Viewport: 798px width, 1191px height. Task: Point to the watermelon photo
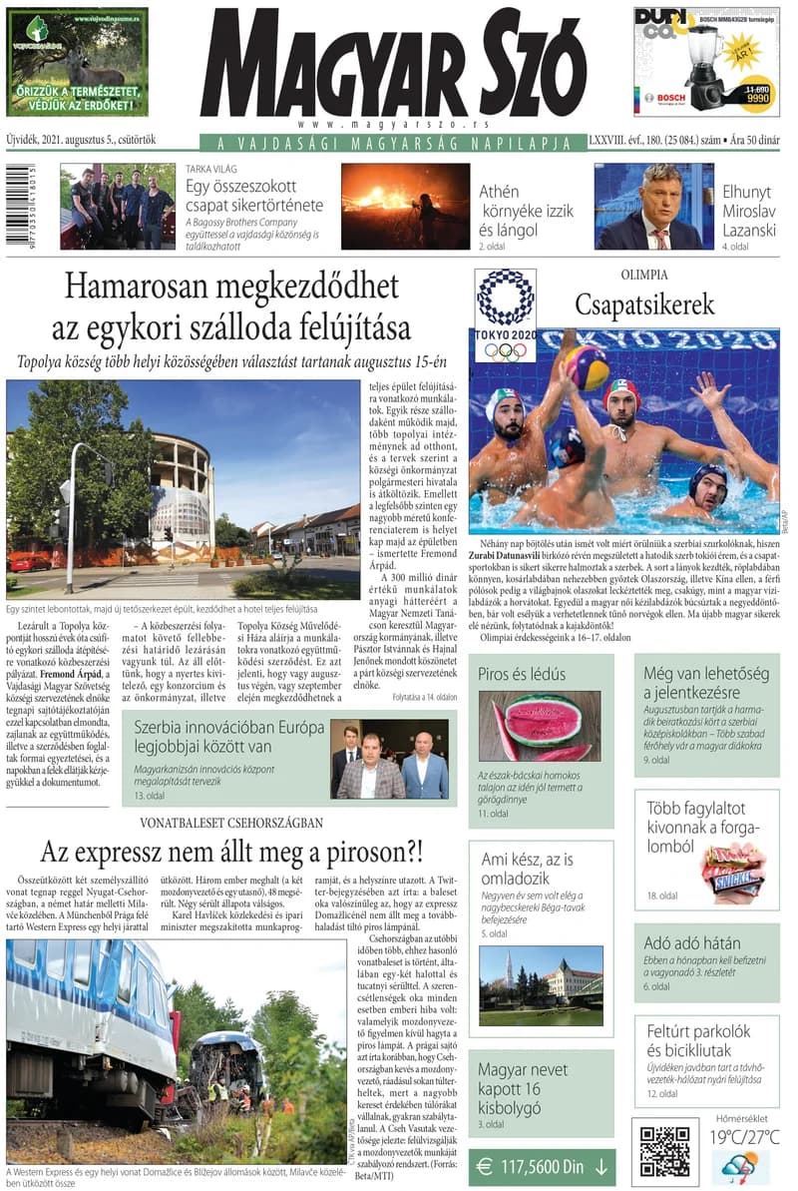(x=539, y=726)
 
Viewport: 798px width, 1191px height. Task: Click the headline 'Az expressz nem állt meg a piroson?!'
(x=231, y=854)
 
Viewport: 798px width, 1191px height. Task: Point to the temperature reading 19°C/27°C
(x=744, y=1137)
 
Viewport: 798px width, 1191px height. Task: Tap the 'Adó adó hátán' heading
(x=692, y=942)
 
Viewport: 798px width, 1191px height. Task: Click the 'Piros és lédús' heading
(x=522, y=674)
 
